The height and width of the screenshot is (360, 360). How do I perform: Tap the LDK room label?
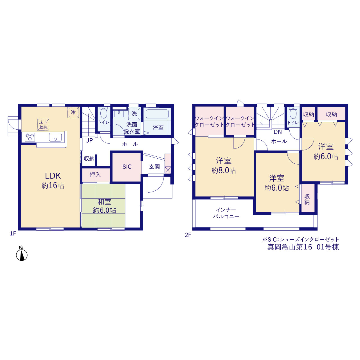coord(53,176)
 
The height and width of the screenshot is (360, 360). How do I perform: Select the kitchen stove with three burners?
coord(30,137)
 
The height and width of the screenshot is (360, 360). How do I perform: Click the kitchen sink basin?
coord(55,137)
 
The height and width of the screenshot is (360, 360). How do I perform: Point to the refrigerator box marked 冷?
coord(73,112)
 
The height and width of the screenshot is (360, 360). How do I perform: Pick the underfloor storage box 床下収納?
coord(43,125)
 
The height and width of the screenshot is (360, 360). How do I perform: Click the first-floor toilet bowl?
coord(104,113)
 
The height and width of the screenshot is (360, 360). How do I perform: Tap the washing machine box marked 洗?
coord(134,114)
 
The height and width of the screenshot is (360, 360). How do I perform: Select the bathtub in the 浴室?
coord(157,114)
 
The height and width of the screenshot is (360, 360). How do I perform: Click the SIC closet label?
coord(127,167)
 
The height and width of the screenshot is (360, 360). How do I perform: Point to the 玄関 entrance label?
coord(154,167)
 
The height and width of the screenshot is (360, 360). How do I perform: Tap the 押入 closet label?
coord(95,174)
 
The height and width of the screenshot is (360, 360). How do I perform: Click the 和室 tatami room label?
coord(104,202)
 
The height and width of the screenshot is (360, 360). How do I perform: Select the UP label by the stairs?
coord(89,141)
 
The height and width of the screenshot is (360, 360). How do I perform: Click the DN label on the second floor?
coord(278,132)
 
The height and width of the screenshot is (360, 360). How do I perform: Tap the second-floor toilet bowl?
coord(293,113)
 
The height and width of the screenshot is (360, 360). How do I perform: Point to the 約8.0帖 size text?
coord(224,170)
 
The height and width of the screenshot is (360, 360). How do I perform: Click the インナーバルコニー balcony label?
coord(226,213)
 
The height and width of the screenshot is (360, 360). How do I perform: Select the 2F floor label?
coord(188,235)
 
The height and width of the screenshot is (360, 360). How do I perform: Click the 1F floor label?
coord(13,233)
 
